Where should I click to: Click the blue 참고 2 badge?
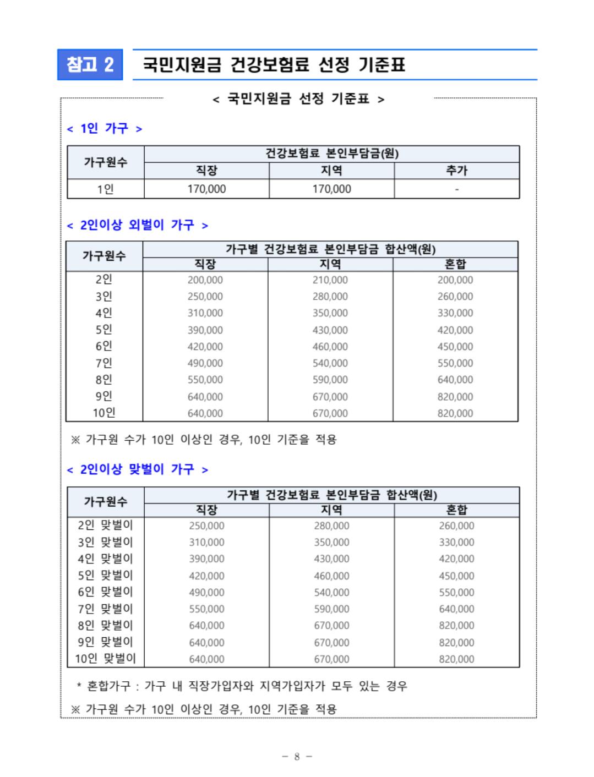click(90, 65)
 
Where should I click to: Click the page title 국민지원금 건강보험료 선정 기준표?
click(274, 65)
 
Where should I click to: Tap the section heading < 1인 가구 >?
click(104, 129)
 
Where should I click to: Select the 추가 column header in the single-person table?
click(456, 171)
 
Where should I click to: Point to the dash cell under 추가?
click(456, 189)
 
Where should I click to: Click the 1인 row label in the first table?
click(105, 189)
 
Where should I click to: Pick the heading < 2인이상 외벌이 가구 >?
click(137, 225)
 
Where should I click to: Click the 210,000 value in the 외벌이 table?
click(330, 280)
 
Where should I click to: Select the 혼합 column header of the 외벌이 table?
click(455, 265)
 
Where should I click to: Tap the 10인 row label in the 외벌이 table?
click(104, 413)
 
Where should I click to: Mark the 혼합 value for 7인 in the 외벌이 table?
click(455, 363)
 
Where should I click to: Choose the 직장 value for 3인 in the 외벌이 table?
click(205, 297)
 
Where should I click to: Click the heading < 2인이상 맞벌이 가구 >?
click(137, 469)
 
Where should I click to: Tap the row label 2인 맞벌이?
click(105, 526)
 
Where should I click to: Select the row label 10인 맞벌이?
click(105, 659)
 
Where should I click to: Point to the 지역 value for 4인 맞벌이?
click(331, 559)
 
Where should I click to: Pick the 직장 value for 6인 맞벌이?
click(206, 593)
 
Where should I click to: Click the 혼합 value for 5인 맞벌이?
click(456, 576)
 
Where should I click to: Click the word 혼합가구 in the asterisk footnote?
click(110, 686)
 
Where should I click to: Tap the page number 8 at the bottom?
click(297, 757)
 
